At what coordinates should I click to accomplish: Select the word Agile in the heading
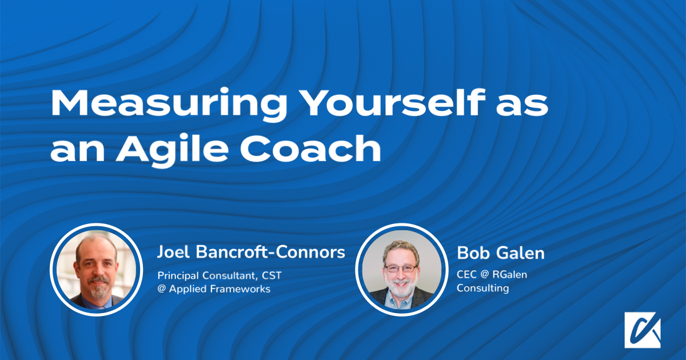172,150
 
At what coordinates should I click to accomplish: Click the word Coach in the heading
310,148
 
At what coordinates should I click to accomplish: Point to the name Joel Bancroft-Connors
251,252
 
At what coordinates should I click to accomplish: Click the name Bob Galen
501,253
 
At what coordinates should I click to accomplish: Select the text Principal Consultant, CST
220,275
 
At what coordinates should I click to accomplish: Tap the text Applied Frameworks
220,289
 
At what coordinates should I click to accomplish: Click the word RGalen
509,274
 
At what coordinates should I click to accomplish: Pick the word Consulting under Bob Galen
482,288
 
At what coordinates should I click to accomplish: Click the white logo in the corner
643,330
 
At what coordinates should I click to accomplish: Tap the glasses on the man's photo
401,269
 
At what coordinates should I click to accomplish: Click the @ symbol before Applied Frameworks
162,289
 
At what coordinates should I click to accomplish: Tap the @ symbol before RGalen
485,274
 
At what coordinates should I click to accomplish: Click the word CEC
466,274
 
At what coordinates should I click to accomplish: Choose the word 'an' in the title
78,152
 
